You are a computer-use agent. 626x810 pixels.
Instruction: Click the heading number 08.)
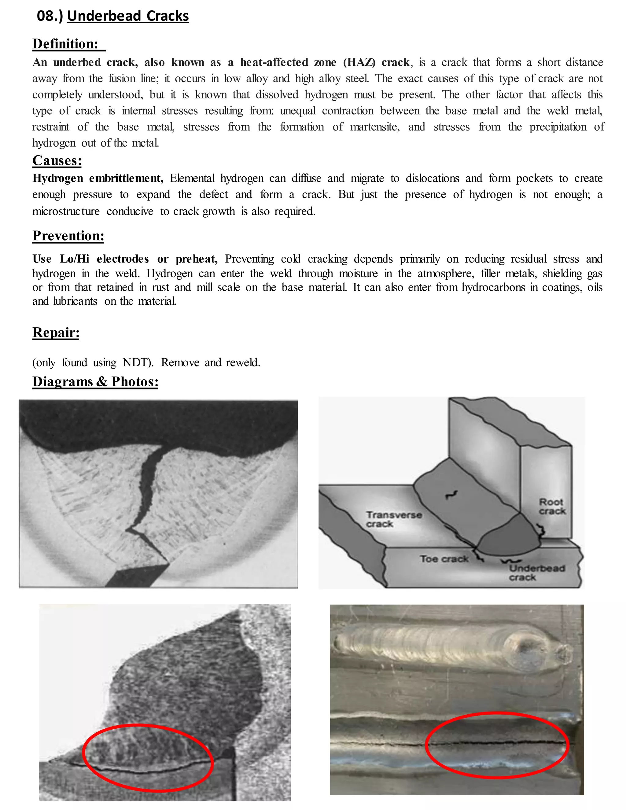pos(50,16)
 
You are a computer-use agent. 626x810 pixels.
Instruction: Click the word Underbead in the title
pos(104,16)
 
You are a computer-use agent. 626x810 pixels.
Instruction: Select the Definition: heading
pos(65,44)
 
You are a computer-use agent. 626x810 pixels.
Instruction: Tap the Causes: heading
pos(57,160)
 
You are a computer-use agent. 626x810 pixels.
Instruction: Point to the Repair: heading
pos(56,332)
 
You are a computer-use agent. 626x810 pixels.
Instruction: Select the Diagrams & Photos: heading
pos(95,382)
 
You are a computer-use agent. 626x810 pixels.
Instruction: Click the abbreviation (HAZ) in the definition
pos(359,62)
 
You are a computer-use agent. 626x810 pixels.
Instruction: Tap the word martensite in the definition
pos(374,127)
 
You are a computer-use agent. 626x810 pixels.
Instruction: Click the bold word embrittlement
pos(126,179)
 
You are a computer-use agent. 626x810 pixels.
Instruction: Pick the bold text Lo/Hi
pos(75,259)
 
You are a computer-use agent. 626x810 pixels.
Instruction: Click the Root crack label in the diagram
pos(552,506)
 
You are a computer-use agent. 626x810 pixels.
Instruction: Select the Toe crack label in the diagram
pos(444,558)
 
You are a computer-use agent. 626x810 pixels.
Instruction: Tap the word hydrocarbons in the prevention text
pos(493,287)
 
